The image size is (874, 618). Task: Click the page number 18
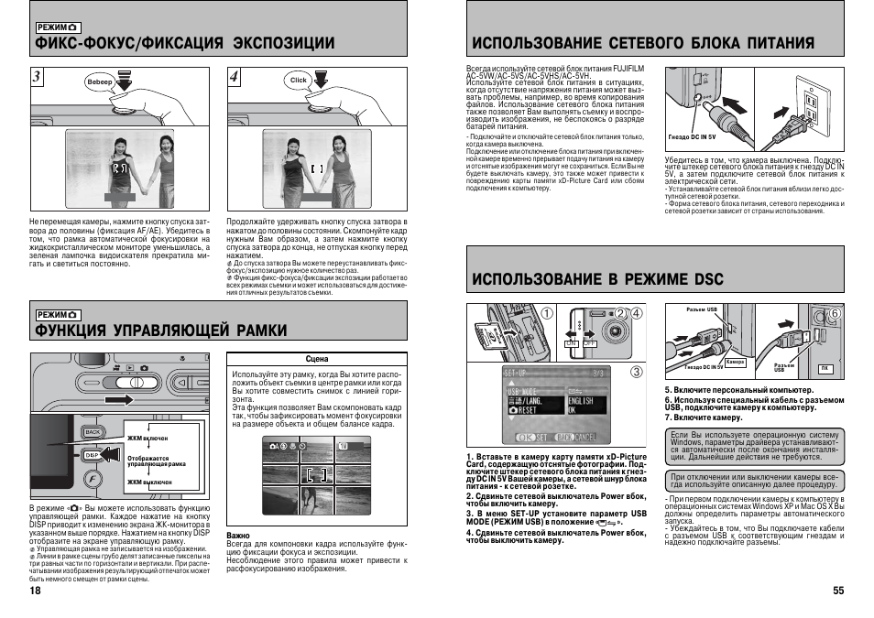(35, 591)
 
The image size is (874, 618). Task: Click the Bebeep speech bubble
(99, 81)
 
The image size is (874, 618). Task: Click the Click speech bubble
(299, 81)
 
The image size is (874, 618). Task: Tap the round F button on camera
(93, 480)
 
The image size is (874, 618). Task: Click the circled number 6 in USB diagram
(834, 312)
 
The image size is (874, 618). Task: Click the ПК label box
(825, 367)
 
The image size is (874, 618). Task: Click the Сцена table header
(317, 360)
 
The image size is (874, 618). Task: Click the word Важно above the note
(238, 534)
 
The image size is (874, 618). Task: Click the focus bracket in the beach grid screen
(317, 474)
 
